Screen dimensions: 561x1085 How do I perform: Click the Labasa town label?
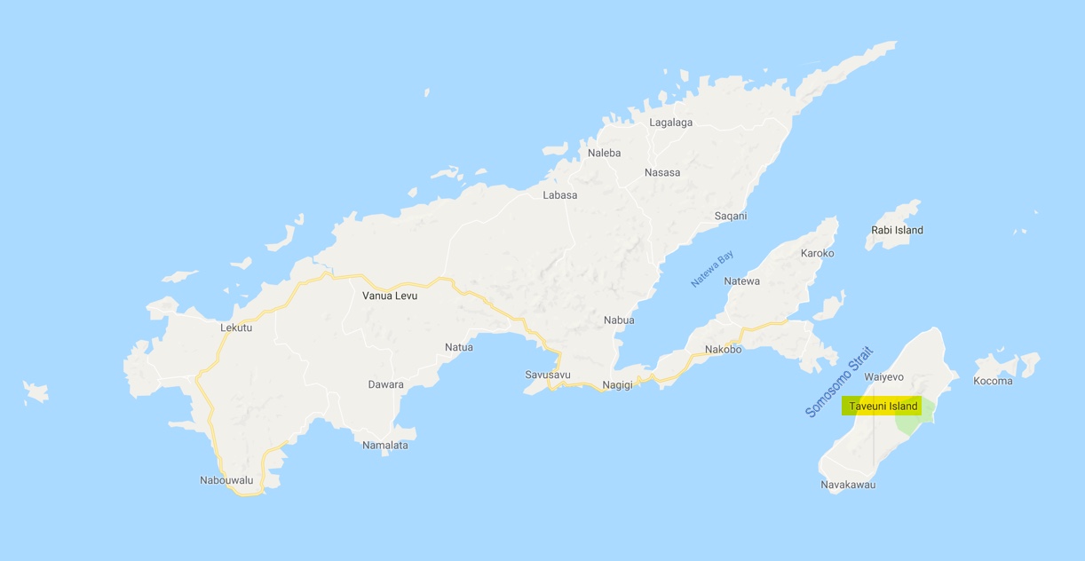coord(559,195)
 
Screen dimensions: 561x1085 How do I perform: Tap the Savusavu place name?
coord(547,375)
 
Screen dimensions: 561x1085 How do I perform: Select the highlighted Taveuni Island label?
coord(883,407)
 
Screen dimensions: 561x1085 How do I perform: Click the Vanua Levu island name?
coord(390,296)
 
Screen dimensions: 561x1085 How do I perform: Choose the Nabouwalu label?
coord(226,480)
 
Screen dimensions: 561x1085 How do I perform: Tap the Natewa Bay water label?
coord(713,270)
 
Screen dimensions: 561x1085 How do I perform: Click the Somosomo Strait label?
coord(839,383)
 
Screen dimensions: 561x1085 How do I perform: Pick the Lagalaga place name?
coord(670,122)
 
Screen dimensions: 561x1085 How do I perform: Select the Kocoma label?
coord(993,381)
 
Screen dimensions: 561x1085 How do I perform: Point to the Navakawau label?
coord(848,485)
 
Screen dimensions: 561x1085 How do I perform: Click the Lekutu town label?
coord(236,328)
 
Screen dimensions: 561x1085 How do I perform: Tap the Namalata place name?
coord(385,445)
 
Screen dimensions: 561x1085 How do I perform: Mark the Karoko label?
coord(817,253)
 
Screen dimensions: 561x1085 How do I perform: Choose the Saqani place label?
coord(731,216)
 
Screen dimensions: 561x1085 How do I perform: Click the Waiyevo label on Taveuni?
coord(883,377)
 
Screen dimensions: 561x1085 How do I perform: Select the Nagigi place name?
coord(617,384)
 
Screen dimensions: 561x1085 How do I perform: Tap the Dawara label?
coord(385,384)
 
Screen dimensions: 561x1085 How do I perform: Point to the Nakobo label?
coord(723,349)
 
